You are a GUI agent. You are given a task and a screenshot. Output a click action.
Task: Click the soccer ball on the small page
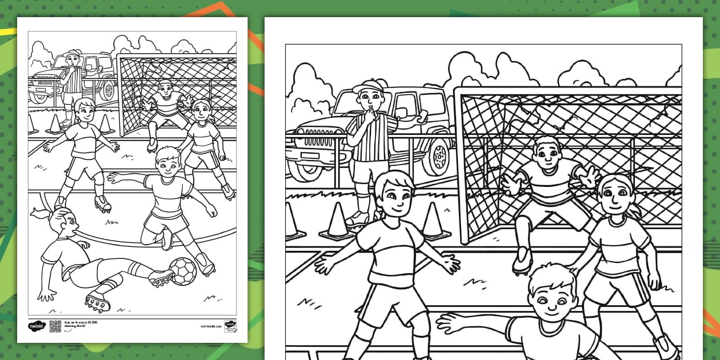click(x=183, y=271)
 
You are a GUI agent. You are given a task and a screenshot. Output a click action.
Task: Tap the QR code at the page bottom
click(x=55, y=326)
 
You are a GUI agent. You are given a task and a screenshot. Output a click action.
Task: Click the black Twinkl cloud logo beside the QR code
click(x=36, y=326)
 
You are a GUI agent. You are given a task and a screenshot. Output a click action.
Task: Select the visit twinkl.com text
click(x=211, y=326)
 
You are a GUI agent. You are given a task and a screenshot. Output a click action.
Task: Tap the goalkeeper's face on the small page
click(x=165, y=90)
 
